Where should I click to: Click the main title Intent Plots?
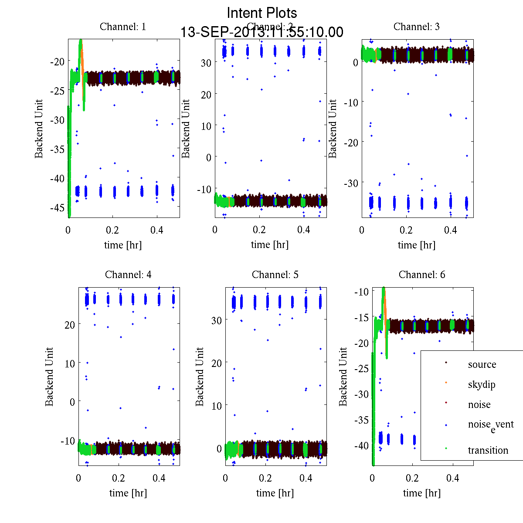coord(262,13)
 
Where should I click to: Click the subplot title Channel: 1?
coord(123,27)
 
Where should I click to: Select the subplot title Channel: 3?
coord(417,27)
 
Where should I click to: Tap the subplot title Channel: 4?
coord(128,275)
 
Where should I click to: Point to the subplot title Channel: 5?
coord(275,275)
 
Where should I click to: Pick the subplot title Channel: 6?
coord(422,275)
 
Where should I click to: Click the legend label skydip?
coord(482,384)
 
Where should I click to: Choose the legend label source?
coord(482,364)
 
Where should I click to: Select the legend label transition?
coord(488,450)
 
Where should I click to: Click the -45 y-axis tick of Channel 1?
coord(58,207)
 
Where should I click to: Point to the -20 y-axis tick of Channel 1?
coord(58,61)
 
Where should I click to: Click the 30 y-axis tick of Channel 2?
coord(206,62)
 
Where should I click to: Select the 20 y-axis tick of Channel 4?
coord(69,324)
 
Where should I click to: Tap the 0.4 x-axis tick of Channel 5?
coord(306,478)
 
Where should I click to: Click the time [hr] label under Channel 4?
coord(128,493)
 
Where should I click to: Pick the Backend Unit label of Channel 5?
coord(200,377)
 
